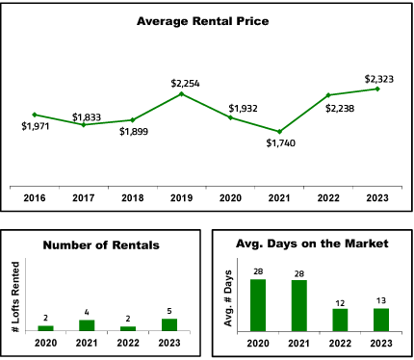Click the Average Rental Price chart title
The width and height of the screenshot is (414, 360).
(x=202, y=21)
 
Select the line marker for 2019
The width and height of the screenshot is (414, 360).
(x=181, y=93)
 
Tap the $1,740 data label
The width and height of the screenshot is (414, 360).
(x=281, y=143)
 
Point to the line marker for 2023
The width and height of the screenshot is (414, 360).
(x=377, y=89)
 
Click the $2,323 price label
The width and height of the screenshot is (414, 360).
(x=379, y=79)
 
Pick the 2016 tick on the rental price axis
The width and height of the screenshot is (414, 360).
(x=35, y=198)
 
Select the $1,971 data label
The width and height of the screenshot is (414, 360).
(x=36, y=126)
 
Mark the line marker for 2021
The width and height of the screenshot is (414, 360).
(x=279, y=132)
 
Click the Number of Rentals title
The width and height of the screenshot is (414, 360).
(x=101, y=245)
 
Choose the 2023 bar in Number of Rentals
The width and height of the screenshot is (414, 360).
(x=169, y=324)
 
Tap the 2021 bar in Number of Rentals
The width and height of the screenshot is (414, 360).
(x=87, y=325)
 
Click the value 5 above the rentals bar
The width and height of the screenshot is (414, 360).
(x=169, y=311)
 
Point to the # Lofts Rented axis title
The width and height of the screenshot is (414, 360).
(x=15, y=296)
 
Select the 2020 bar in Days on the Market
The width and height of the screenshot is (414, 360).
(x=258, y=305)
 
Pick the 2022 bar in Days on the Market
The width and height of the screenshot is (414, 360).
(x=340, y=320)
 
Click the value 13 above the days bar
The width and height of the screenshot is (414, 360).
(x=381, y=300)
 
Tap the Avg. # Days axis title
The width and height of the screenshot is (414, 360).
(x=228, y=298)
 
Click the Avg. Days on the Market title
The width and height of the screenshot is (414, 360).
(x=312, y=244)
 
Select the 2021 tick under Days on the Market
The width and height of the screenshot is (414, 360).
(x=298, y=344)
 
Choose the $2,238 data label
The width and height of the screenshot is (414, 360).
(x=340, y=109)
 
